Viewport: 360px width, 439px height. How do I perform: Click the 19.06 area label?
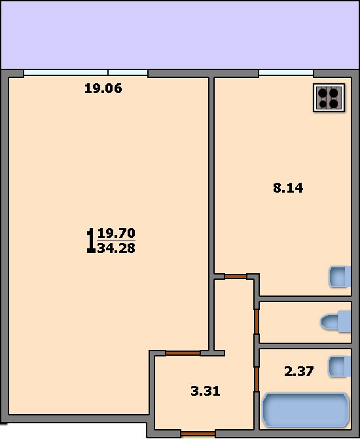(103, 88)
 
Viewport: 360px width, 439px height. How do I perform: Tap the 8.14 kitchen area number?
(288, 188)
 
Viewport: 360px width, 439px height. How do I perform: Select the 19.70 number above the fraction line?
(117, 233)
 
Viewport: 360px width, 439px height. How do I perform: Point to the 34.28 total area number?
(117, 248)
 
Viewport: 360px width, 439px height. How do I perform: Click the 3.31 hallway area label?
(206, 391)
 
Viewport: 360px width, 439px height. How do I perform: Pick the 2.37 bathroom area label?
(299, 372)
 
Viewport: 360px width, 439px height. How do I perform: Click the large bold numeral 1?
(90, 240)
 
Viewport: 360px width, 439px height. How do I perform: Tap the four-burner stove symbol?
(329, 98)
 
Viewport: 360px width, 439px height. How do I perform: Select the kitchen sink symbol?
(340, 277)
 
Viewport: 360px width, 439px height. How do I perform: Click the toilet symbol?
(336, 322)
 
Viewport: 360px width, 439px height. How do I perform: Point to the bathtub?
(306, 410)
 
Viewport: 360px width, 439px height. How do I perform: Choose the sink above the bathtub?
(340, 366)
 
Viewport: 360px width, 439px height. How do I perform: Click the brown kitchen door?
(236, 277)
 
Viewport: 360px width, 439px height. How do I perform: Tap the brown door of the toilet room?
(257, 322)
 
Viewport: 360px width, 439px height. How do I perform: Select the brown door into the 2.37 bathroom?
(257, 379)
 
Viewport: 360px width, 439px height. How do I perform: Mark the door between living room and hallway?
(183, 353)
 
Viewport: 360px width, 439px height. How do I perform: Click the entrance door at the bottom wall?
(198, 434)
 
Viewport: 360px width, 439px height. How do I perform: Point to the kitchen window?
(286, 73)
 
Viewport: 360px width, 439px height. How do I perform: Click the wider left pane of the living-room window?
(65, 73)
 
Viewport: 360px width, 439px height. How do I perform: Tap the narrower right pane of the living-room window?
(128, 73)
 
